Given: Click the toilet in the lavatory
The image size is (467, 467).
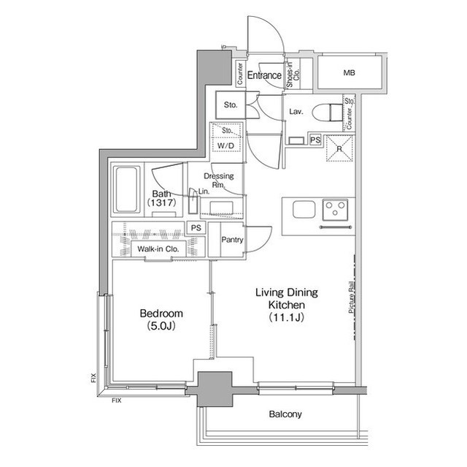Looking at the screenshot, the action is pos(328,113).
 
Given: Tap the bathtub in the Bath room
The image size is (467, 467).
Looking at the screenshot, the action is pos(127,190).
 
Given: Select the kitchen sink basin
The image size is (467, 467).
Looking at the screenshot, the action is pos(304,209).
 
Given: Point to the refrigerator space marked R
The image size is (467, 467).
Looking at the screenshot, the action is pos(339,148).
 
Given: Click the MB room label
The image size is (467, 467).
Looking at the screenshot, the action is pos(349,72).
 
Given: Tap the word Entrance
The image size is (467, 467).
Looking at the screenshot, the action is pos(264,75).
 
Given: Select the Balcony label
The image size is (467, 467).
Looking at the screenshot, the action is pos(285,414).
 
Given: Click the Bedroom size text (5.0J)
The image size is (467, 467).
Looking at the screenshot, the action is pos(161,326).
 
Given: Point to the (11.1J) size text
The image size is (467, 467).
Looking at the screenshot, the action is pos(287,317).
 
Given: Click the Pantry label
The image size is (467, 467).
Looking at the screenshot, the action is pos(232,240).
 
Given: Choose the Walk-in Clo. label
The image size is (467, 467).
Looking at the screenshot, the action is pos(158,248).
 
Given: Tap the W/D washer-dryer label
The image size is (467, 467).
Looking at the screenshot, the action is pos(225,146).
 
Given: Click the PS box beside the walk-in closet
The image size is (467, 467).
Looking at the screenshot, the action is pos(196,228).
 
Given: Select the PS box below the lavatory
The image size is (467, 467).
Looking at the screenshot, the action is pos(315,140).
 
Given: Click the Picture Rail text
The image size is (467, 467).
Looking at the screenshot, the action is pos(352,297).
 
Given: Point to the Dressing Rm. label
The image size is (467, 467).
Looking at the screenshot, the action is pos(219,180).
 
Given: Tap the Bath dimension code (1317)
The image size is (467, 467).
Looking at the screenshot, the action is pos(162,202).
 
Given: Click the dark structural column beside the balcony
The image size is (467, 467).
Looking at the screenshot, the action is pos(215,389).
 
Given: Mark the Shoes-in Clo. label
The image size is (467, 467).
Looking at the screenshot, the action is pos(293,75).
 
